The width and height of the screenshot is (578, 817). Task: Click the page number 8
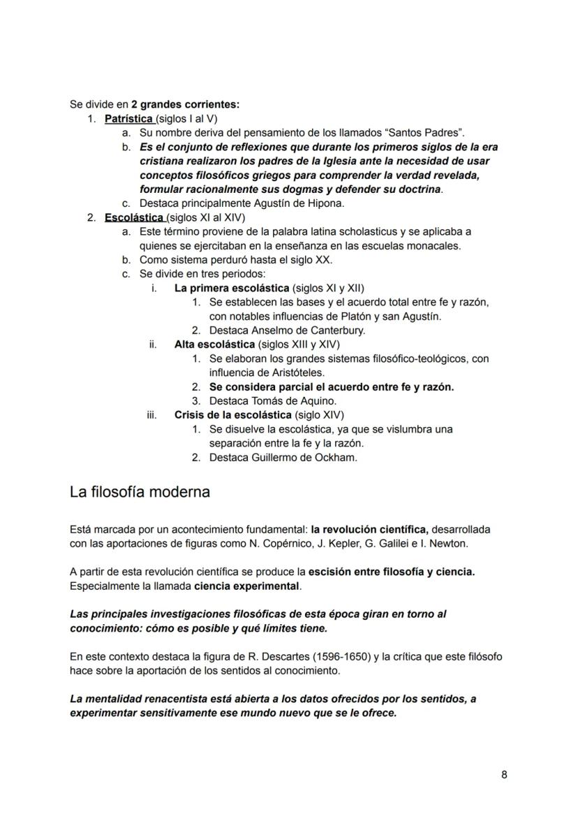(504, 774)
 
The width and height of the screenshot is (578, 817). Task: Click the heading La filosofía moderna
(140, 492)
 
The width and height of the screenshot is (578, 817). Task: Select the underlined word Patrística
(129, 119)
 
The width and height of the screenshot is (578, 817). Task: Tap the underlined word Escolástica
(134, 217)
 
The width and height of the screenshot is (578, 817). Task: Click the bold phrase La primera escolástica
(232, 288)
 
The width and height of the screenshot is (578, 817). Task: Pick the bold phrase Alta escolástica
(214, 345)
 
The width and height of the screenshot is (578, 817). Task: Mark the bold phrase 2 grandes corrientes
(185, 105)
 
